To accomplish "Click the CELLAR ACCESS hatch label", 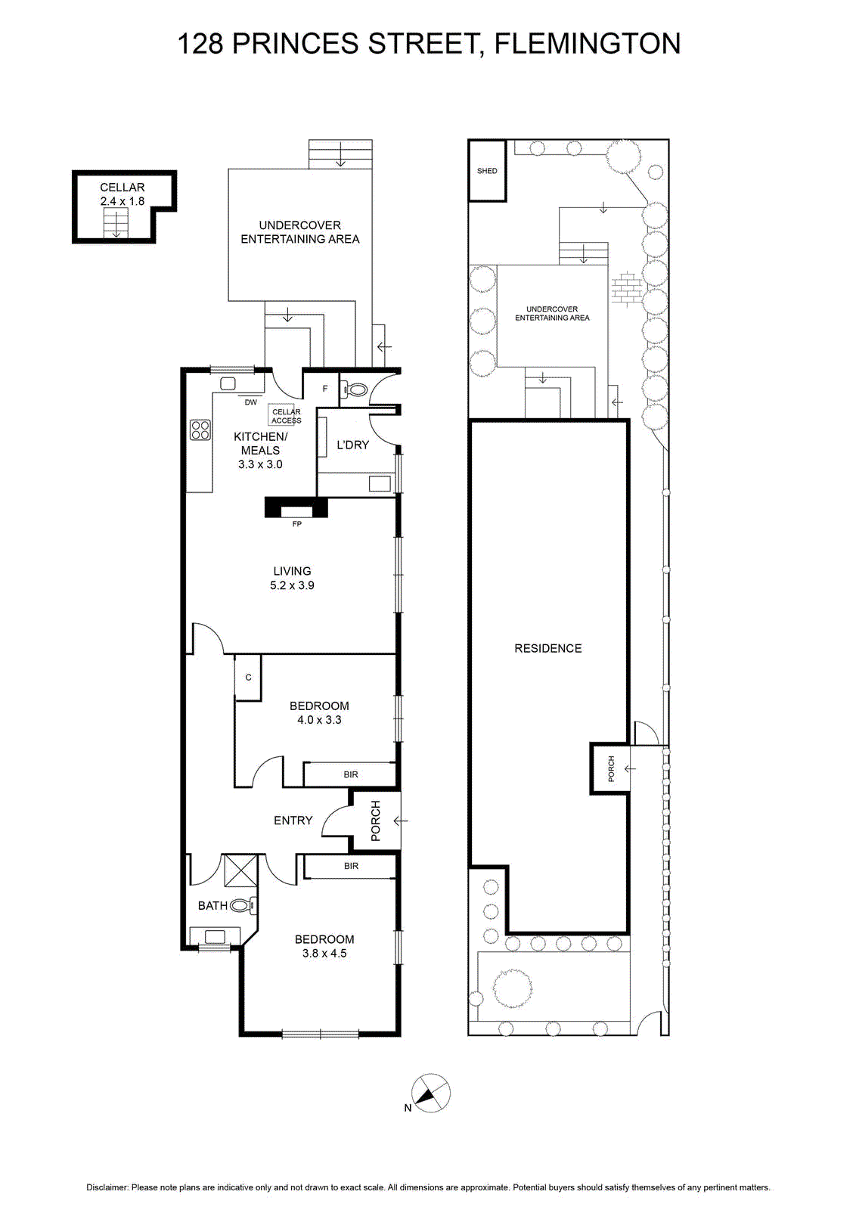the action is [287, 416].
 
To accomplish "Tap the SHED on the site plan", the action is [487, 171].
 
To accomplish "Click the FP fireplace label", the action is [296, 524].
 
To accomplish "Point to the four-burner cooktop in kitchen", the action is [200, 430].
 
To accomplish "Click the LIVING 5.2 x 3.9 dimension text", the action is [292, 585].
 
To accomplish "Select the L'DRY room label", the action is [352, 445].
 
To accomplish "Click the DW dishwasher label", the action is [250, 402].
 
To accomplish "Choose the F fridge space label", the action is [325, 389].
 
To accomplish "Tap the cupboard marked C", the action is [248, 678].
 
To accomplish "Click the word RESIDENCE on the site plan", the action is [547, 648].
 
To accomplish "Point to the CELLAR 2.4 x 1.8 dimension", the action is [123, 201].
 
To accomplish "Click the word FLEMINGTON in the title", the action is [588, 43].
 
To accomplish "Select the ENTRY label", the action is [293, 820].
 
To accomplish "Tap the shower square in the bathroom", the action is [240, 870].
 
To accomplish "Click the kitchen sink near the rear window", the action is [228, 383].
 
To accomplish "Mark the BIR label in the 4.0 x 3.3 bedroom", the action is [351, 774].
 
